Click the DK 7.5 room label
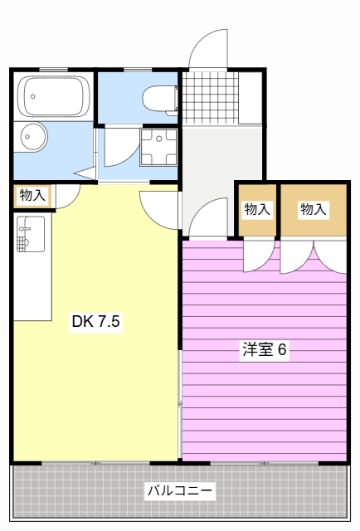[96, 321]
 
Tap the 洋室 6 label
[264, 349]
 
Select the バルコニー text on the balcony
[180, 490]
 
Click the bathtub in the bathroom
[54, 96]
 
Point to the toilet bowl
[160, 99]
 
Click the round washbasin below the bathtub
[33, 137]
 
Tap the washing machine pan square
[158, 148]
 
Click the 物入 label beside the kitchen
[32, 196]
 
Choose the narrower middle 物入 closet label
[257, 209]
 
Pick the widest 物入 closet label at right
[314, 209]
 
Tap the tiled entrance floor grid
[210, 98]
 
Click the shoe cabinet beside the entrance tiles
[251, 98]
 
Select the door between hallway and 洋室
[208, 217]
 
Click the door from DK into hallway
[159, 210]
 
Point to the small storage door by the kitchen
[68, 197]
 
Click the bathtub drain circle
[33, 96]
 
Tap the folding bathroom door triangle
[85, 173]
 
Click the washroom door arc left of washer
[122, 148]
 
